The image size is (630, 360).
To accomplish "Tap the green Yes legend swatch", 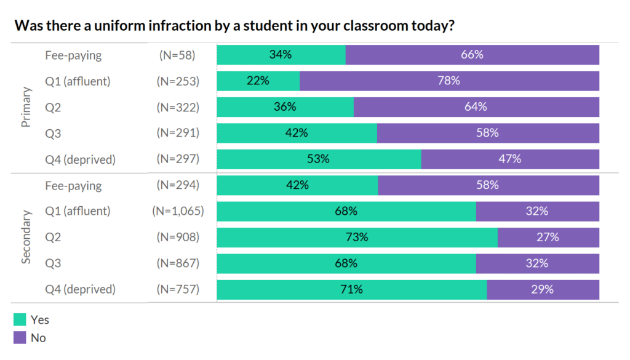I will tap(20, 320).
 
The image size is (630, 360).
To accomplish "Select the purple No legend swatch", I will tap(20, 337).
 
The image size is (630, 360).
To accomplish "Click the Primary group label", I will tap(26, 107).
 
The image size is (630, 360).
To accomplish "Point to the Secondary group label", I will tap(26, 237).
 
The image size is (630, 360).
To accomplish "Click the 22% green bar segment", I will tap(258, 81).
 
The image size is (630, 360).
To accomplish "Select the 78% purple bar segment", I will tap(449, 81).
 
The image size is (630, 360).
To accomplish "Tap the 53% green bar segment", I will tap(319, 159).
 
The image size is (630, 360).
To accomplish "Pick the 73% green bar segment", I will tap(357, 237).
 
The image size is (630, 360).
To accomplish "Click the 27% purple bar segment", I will tap(548, 237).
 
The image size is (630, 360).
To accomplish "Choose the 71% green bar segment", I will tap(351, 289).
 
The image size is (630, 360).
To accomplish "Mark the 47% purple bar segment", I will tap(510, 159).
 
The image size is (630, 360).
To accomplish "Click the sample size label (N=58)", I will tap(177, 55).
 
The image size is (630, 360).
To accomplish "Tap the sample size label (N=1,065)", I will tap(178, 211).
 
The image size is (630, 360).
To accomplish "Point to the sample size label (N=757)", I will tap(178, 289).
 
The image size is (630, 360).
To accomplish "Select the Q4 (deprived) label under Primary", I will tap(81, 159).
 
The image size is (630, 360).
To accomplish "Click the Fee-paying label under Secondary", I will tap(73, 185).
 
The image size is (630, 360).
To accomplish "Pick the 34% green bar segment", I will tap(281, 55).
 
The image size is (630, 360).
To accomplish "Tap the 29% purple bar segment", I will tap(543, 289).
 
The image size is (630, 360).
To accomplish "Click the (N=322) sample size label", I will tap(178, 107).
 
